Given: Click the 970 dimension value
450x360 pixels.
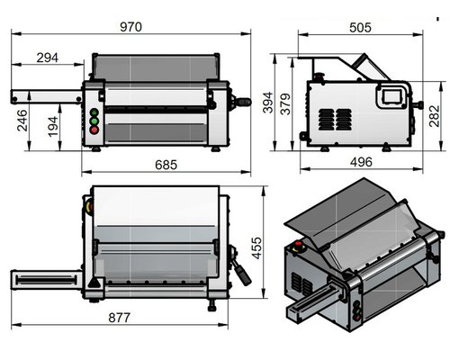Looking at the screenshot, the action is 130,27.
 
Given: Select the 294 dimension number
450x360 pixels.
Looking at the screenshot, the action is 48,58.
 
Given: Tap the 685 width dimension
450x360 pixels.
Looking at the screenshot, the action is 166,165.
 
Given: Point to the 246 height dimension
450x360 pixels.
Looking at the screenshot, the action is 22,121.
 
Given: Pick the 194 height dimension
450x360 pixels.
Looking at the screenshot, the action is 53,127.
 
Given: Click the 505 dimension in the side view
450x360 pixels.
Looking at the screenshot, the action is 360,28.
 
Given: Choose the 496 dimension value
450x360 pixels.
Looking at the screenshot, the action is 361,162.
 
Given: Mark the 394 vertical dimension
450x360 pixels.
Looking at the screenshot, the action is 267,103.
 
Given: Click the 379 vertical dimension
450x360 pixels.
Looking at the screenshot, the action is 286,104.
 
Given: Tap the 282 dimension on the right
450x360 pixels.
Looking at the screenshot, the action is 434,116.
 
